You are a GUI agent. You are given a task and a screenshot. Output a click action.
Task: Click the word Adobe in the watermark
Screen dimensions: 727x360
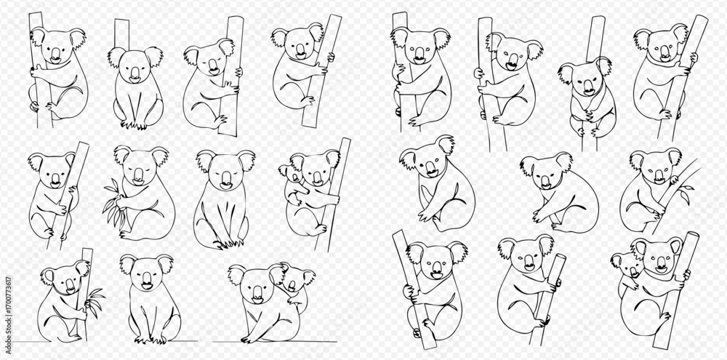point(8,330)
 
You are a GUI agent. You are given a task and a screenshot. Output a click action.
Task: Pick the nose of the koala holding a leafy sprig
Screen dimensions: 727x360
point(138,175)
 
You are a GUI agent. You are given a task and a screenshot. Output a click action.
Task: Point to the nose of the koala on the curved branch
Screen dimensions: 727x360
point(659,175)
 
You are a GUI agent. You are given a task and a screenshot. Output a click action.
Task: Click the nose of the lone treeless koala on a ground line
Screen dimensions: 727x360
point(147,279)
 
